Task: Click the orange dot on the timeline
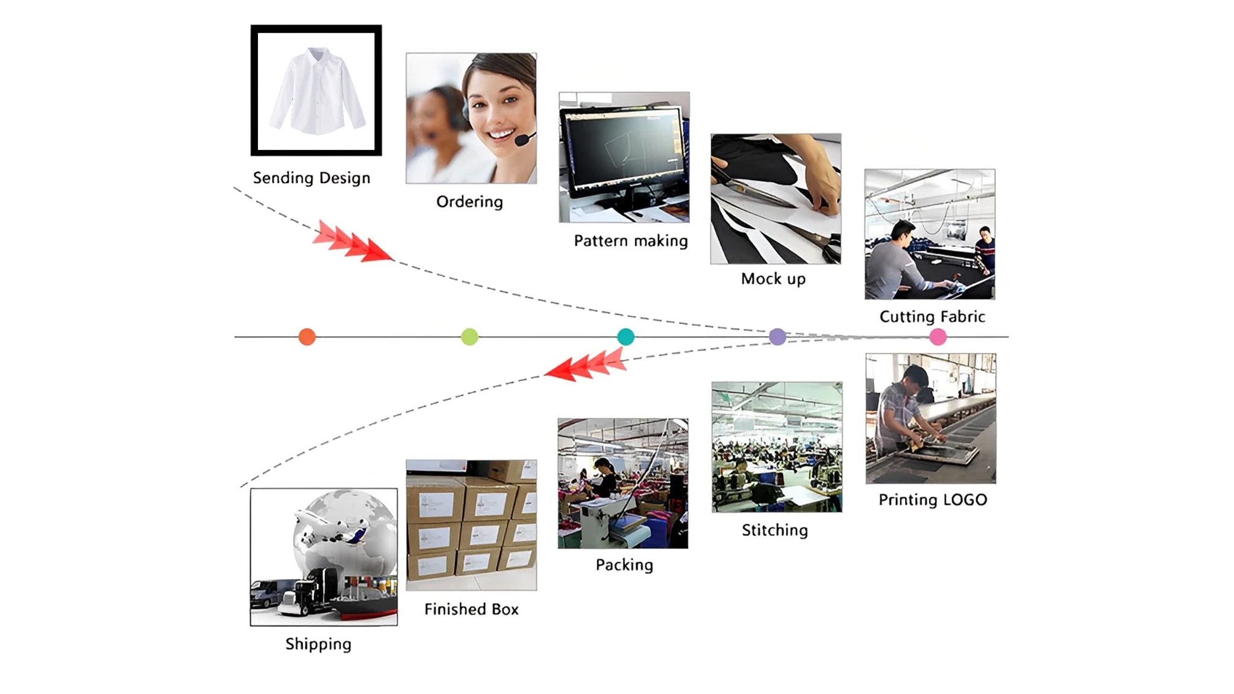pyautogui.click(x=307, y=337)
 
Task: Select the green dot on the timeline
pyautogui.click(x=469, y=337)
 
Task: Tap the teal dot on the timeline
pyautogui.click(x=625, y=337)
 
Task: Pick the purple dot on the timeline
pyautogui.click(x=777, y=337)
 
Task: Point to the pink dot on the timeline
pyautogui.click(x=938, y=337)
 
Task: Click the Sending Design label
pyautogui.click(x=312, y=178)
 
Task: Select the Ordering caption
pyautogui.click(x=469, y=202)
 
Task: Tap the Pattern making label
pyautogui.click(x=630, y=241)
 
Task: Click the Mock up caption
pyautogui.click(x=773, y=279)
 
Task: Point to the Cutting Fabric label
pyautogui.click(x=932, y=317)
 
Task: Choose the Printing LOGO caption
pyautogui.click(x=933, y=500)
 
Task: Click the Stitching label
pyautogui.click(x=774, y=530)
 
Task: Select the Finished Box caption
pyautogui.click(x=471, y=610)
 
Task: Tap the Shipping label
pyautogui.click(x=318, y=644)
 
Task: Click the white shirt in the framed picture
pyautogui.click(x=317, y=90)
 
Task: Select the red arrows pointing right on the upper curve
pyautogui.click(x=352, y=242)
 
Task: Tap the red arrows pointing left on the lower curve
pyautogui.click(x=586, y=365)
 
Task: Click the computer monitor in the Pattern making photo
pyautogui.click(x=623, y=148)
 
